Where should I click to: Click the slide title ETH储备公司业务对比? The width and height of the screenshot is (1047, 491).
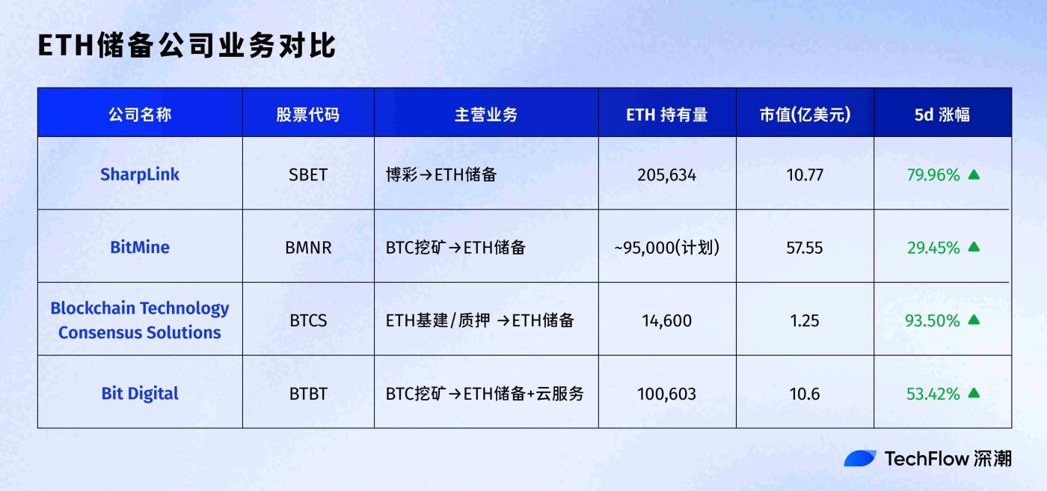[x=186, y=46]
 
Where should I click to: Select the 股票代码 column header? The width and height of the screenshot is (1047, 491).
[x=307, y=115]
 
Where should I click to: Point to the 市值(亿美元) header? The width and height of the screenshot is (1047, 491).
[x=805, y=115]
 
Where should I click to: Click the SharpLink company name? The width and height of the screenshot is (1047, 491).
[x=140, y=174]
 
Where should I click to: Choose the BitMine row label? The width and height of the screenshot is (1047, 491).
[x=140, y=247]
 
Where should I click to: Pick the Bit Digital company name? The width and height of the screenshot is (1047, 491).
[x=140, y=394]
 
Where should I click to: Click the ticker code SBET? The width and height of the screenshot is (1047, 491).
[x=308, y=175]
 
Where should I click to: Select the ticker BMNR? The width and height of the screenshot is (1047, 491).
[x=308, y=248]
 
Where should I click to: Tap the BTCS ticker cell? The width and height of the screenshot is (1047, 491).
[x=308, y=321]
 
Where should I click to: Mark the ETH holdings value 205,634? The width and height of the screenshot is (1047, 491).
[x=666, y=175]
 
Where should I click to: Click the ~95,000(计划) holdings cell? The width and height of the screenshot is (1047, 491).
[x=666, y=248]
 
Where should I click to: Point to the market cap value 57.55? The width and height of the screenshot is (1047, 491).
[x=805, y=248]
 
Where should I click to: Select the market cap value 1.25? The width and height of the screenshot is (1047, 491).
[x=805, y=321]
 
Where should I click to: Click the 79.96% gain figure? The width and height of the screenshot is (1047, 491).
[x=933, y=175]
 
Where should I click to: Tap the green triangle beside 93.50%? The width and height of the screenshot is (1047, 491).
[x=973, y=320]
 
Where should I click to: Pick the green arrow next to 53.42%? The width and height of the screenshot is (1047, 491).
[x=973, y=393]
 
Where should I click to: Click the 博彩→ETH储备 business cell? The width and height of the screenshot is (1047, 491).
[x=441, y=175]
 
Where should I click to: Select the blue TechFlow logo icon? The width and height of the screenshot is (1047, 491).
[x=860, y=458]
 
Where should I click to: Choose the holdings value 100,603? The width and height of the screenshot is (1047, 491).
[x=666, y=394]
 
